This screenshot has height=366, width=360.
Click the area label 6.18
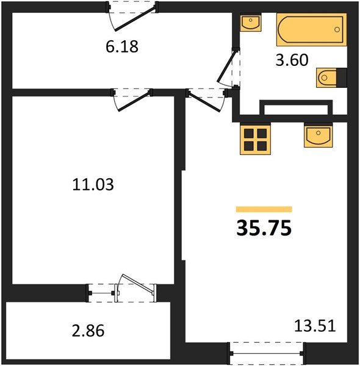pyautogui.click(x=122, y=46)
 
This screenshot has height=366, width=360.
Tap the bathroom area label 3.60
pyautogui.click(x=292, y=60)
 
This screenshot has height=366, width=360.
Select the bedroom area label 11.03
pyautogui.click(x=93, y=184)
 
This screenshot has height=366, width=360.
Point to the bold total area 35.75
pyautogui.click(x=264, y=228)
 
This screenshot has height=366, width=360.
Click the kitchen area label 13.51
pyautogui.click(x=315, y=326)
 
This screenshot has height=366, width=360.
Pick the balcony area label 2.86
pyautogui.click(x=88, y=331)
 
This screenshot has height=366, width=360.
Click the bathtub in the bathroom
pyautogui.click(x=311, y=30)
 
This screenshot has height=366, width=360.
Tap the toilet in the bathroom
pyautogui.click(x=331, y=77)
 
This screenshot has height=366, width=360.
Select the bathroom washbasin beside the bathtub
pyautogui.click(x=251, y=22)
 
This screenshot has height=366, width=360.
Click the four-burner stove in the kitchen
pyautogui.click(x=256, y=139)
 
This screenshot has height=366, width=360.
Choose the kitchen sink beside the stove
pyautogui.click(x=319, y=136)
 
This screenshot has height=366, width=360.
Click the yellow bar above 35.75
pyautogui.click(x=264, y=209)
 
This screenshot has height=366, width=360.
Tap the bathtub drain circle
pyautogui.click(x=337, y=29)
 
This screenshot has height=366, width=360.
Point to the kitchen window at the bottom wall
pyautogui.click(x=267, y=354)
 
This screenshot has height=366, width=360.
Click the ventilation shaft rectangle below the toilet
pyautogui.click(x=296, y=108)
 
